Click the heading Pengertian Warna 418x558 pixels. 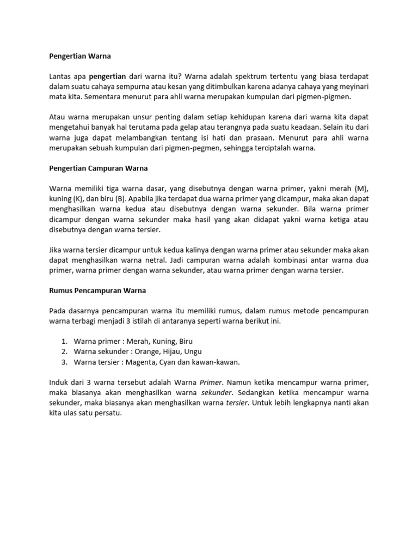(x=79, y=56)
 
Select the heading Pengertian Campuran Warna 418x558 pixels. (x=99, y=168)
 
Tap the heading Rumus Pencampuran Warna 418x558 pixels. (x=97, y=290)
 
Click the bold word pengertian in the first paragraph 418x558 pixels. (x=107, y=76)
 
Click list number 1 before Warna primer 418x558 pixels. (x=64, y=341)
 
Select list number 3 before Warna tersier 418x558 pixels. (x=64, y=362)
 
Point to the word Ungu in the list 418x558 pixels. (x=193, y=351)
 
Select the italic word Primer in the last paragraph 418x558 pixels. (x=211, y=382)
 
